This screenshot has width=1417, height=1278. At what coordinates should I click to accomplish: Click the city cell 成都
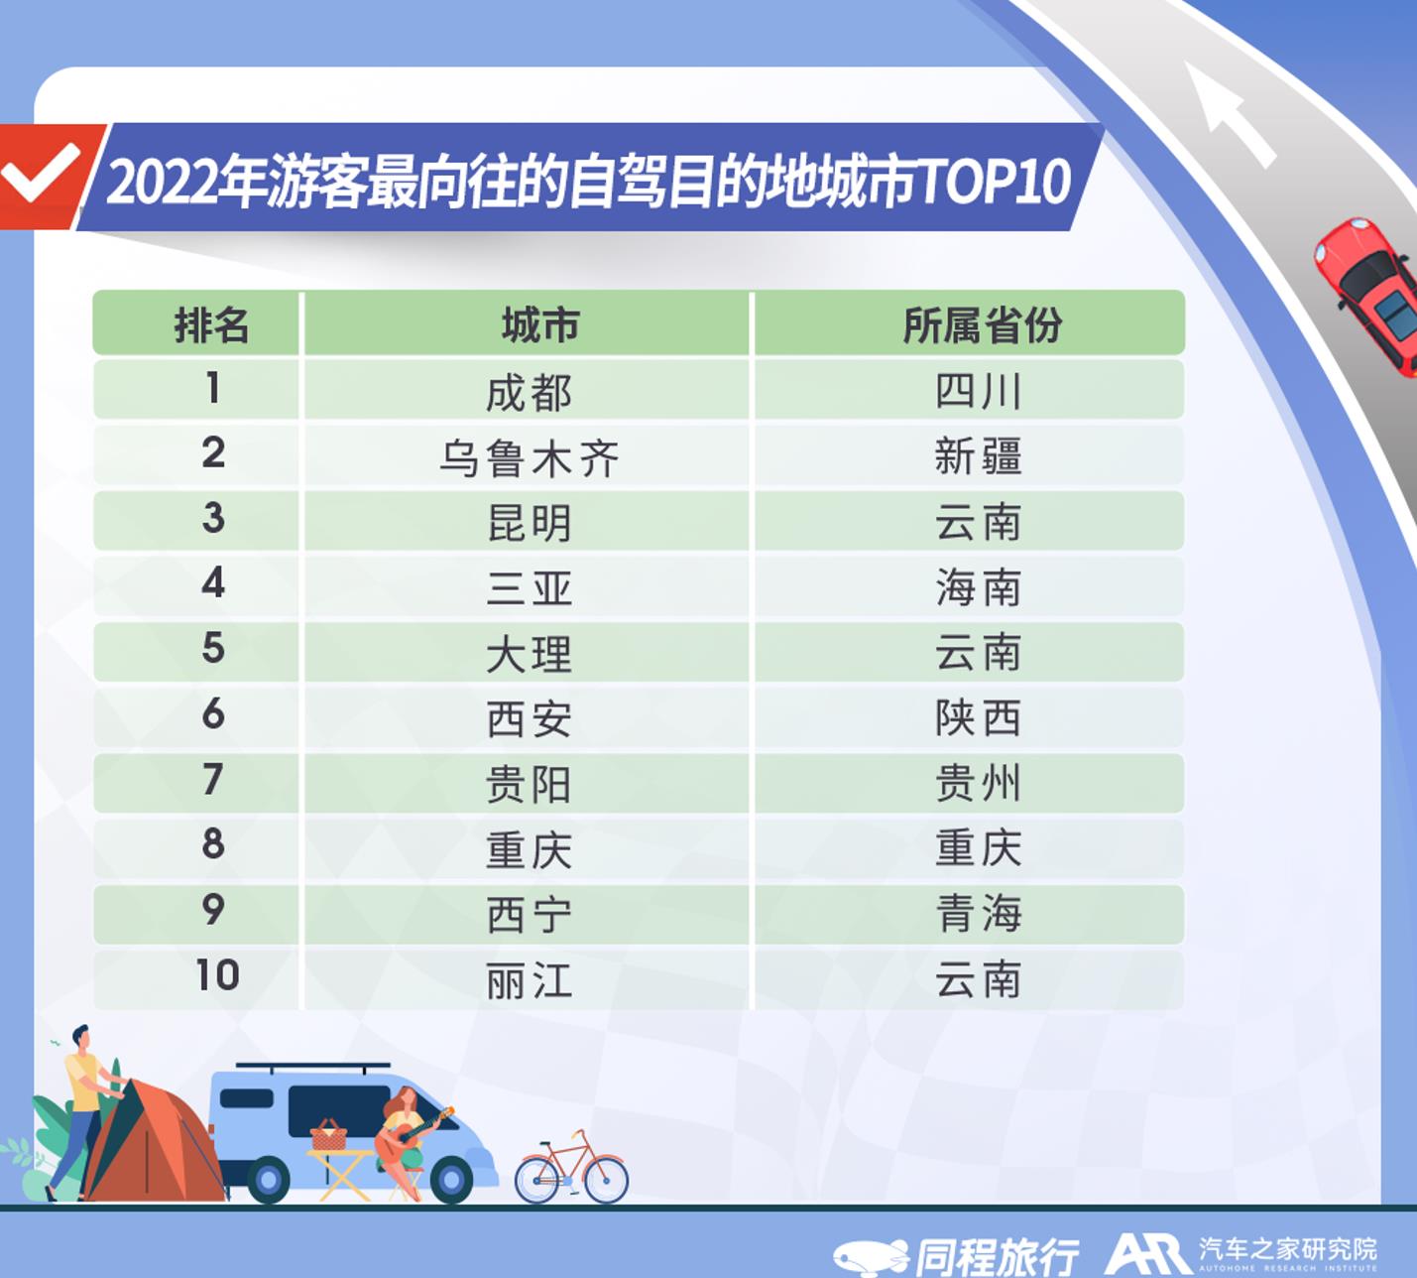click(x=529, y=393)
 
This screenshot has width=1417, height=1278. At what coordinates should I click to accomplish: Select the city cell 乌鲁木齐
click(x=529, y=458)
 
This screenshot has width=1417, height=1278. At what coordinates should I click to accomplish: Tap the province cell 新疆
click(x=979, y=455)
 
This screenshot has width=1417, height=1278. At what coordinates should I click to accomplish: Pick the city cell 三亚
click(x=529, y=588)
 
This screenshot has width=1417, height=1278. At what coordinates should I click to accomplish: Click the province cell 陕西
click(x=979, y=717)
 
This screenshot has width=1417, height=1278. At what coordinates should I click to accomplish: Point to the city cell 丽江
click(x=529, y=981)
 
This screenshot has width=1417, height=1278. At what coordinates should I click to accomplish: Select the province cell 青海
click(x=979, y=913)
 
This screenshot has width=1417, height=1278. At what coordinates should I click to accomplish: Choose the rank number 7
click(x=212, y=778)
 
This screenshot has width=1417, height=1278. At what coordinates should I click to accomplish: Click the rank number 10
click(x=217, y=975)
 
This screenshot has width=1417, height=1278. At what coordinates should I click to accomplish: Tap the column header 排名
click(x=211, y=325)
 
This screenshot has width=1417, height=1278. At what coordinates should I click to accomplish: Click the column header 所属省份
click(x=982, y=325)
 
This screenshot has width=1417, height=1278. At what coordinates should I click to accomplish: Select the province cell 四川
click(x=979, y=391)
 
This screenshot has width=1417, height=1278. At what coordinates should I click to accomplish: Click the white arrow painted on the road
click(x=1231, y=114)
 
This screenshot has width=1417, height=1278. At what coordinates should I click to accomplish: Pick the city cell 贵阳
click(x=529, y=785)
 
